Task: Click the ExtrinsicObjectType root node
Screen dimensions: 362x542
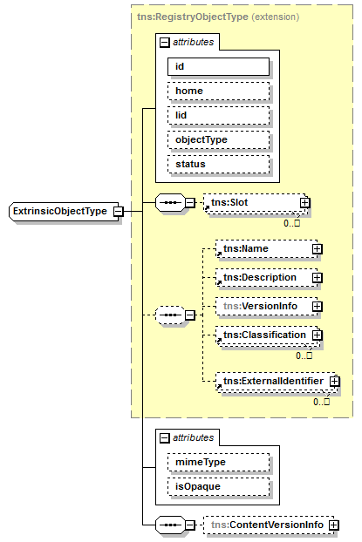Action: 65,211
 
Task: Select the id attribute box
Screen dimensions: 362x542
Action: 218,66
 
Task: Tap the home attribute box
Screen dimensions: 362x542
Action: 218,91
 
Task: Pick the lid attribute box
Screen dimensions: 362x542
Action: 218,115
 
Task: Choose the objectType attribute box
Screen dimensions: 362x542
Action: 218,139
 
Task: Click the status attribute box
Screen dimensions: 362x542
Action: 218,164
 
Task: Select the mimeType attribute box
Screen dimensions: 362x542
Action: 218,462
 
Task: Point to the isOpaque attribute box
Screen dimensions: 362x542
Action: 218,486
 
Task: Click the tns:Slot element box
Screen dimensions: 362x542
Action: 256,203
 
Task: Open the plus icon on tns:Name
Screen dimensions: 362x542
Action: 317,249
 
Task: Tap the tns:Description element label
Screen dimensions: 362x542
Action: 260,278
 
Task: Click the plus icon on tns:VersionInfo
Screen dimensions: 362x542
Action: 317,306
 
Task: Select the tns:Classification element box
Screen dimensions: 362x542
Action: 269,335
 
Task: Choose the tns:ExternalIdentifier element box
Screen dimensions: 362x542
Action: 277,382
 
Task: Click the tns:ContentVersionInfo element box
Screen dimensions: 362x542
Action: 270,525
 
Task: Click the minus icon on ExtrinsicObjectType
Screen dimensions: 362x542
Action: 119,211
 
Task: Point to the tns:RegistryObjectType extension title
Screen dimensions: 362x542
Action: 218,17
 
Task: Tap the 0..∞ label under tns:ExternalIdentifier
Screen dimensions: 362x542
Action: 322,402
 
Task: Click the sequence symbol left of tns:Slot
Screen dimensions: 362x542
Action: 170,202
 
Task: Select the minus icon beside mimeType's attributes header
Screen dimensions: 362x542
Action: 164,438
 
